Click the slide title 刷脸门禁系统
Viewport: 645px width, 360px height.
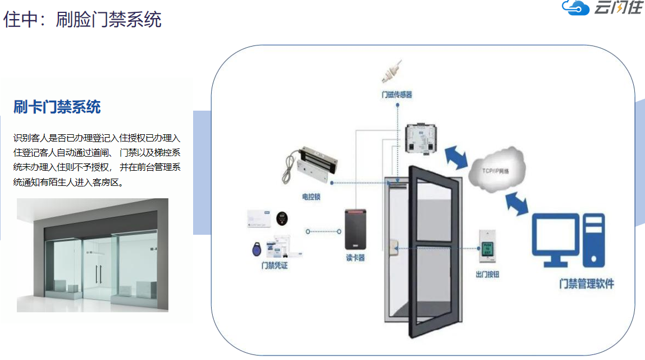pos(82,20)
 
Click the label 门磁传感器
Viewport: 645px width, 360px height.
pos(396,95)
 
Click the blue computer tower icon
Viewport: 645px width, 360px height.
pos(593,240)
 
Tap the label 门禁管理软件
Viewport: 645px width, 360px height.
pos(587,284)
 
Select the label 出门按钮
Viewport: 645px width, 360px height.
pos(487,274)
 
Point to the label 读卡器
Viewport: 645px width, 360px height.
pos(355,258)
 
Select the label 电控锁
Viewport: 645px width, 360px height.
pos(311,197)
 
